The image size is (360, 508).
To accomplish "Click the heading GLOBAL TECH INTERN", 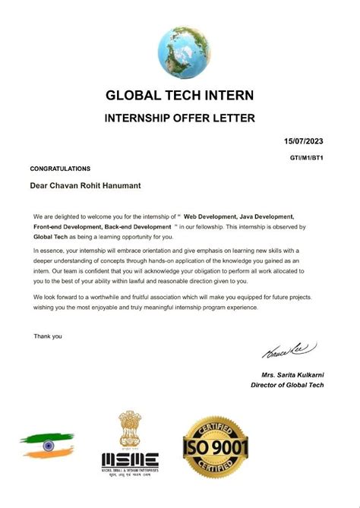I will (180, 96).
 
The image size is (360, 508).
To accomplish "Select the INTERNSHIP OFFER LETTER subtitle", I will (179, 118).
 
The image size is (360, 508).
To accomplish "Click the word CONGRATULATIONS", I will (60, 169).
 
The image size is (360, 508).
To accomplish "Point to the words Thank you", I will (48, 336).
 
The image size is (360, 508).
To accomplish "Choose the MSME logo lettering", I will (131, 459).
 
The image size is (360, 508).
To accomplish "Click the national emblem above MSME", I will (130, 429).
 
